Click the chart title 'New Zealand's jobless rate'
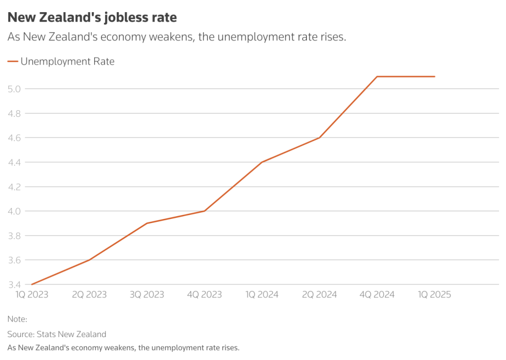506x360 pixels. coord(92,18)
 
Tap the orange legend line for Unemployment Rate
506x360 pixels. coord(13,61)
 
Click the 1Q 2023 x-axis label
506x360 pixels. coord(32,294)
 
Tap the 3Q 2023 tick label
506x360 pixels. coord(147,294)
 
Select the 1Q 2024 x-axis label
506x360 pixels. coord(262,294)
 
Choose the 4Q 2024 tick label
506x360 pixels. coord(377,294)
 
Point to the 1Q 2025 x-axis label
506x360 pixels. coord(434,294)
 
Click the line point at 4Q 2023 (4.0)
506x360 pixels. coord(204,211)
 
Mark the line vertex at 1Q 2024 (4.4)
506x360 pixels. coord(262,162)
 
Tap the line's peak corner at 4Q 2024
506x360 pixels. coord(377,76)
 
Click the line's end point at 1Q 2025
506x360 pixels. coord(435,76)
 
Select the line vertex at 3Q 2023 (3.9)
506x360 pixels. coord(147,223)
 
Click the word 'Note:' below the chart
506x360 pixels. coord(17,319)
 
